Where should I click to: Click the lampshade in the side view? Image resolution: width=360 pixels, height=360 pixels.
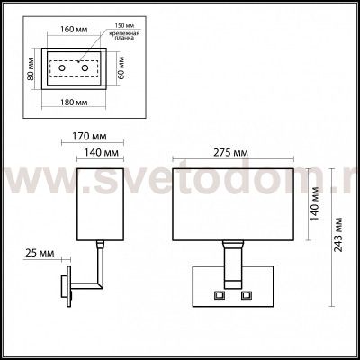tap(100, 203)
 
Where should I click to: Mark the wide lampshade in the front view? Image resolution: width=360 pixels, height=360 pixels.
tap(234, 202)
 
